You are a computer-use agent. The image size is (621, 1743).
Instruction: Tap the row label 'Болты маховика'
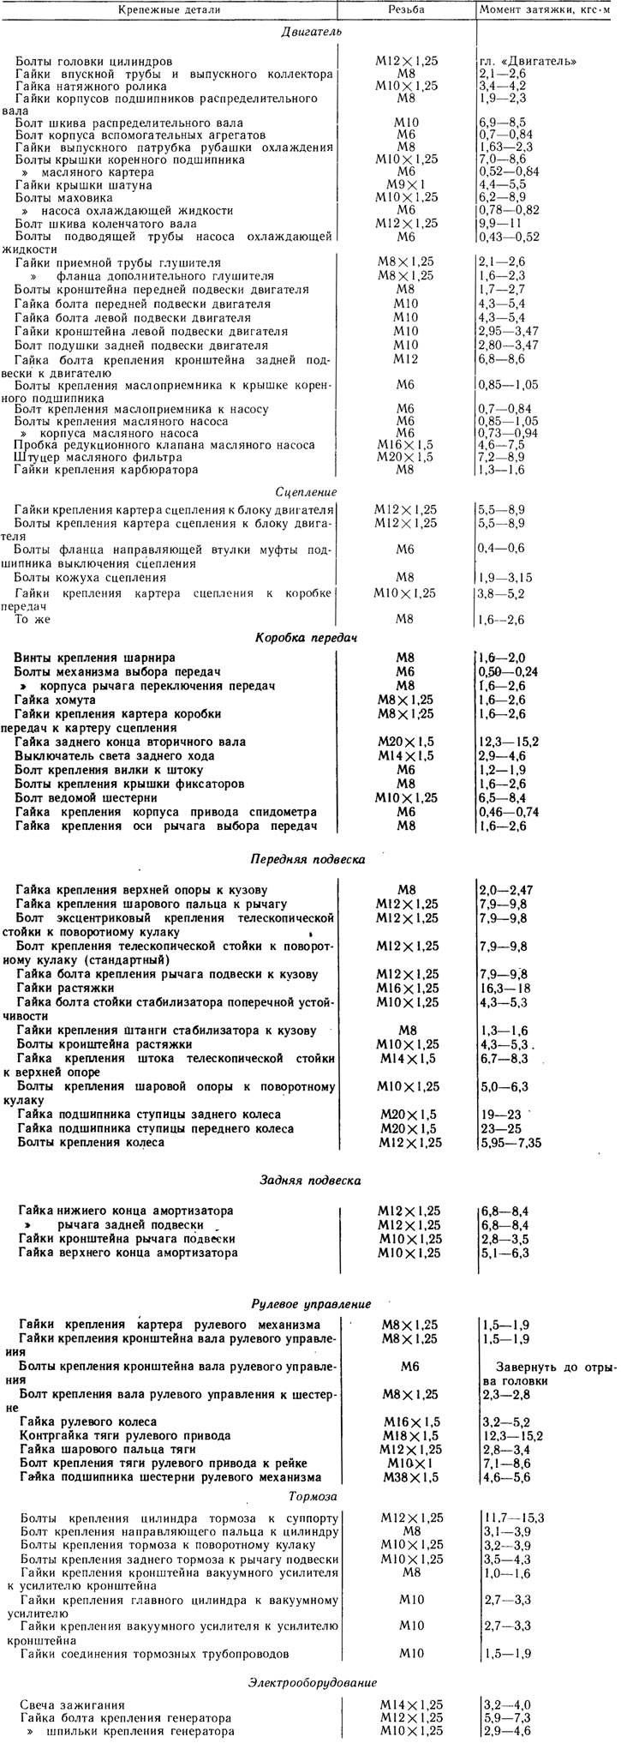tap(57, 197)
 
